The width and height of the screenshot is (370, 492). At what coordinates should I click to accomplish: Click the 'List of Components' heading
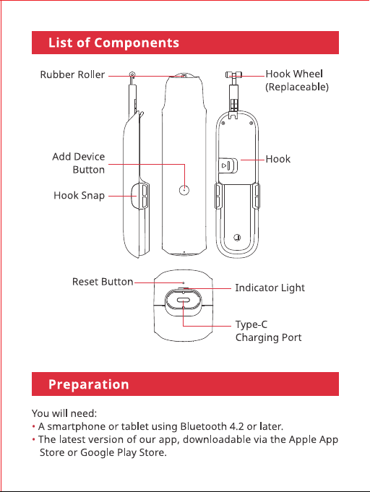(113, 43)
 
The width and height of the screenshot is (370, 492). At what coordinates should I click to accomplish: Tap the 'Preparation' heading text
(88, 384)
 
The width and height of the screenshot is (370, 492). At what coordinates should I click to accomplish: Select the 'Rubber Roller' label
(72, 74)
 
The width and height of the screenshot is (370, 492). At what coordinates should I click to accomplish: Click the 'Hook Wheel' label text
(294, 74)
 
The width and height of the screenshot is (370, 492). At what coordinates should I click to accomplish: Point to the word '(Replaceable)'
(297, 87)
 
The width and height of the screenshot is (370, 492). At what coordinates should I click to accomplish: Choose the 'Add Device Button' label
(79, 163)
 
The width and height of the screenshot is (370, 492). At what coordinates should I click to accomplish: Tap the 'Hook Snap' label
(79, 196)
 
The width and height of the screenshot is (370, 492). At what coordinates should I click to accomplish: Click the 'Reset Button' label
(103, 282)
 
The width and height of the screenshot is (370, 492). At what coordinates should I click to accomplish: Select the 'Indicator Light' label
(270, 288)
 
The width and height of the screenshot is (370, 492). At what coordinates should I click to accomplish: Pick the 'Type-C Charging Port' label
(268, 331)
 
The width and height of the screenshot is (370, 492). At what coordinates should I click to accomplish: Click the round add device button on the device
(184, 190)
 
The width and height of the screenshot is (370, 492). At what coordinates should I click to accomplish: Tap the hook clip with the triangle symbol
(228, 165)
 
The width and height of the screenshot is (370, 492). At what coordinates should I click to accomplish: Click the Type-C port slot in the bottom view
(184, 301)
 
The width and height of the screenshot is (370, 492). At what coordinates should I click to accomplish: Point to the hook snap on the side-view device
(140, 196)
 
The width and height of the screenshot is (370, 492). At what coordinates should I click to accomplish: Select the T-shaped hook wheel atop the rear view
(234, 74)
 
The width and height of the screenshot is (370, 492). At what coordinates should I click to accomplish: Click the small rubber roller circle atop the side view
(132, 74)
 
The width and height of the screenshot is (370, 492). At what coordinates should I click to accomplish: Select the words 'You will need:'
(64, 413)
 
